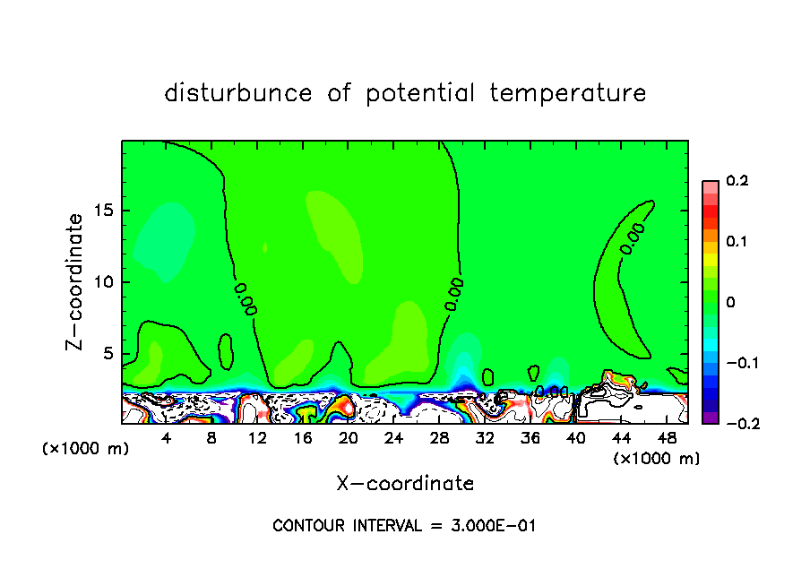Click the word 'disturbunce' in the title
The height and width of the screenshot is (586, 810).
tap(238, 93)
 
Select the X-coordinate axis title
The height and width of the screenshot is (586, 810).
tap(405, 484)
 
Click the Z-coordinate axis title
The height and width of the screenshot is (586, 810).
tap(77, 281)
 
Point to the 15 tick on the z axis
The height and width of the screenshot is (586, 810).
tap(108, 211)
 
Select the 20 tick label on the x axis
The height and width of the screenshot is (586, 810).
tap(349, 438)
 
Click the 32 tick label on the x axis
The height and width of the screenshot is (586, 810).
tap(485, 438)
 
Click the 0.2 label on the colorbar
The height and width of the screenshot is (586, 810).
tap(737, 181)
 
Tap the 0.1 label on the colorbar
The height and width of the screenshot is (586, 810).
tap(737, 242)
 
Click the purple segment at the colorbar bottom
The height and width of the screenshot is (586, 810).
tap(710, 417)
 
